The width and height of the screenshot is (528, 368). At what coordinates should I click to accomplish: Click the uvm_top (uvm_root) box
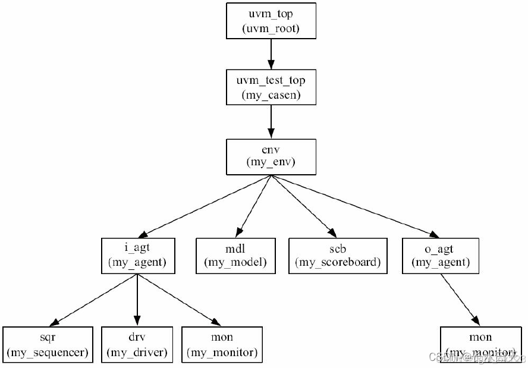271,21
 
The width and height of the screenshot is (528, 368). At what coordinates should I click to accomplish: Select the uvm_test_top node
271,87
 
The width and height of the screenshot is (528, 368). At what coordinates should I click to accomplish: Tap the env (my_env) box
271,157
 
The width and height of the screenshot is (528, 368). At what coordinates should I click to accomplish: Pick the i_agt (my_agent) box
137,256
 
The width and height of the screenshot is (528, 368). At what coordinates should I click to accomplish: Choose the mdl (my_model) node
236,256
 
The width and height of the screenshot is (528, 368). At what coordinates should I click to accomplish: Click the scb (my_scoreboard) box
338,256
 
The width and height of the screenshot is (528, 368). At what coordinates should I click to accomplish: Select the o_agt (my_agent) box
441,256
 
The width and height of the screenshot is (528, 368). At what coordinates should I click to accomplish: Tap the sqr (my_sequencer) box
48,344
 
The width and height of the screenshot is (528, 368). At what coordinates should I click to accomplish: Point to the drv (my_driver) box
137,344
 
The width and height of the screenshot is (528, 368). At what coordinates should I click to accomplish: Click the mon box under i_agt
222,344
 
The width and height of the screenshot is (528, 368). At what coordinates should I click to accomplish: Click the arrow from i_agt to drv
137,300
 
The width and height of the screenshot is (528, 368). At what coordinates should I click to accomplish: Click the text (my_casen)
271,95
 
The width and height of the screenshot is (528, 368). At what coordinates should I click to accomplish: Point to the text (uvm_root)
271,29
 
